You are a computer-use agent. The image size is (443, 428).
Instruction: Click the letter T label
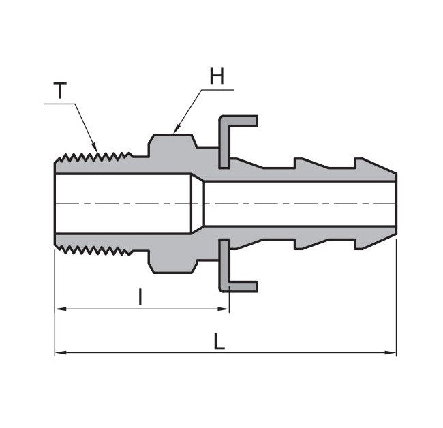coord(61,91)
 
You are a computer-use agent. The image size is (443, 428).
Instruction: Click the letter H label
coord(216,77)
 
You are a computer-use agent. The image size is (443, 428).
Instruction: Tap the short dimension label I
coord(140,297)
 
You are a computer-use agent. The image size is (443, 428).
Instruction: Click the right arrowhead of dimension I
coord(224,309)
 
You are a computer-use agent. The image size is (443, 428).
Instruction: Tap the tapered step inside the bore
coord(198,204)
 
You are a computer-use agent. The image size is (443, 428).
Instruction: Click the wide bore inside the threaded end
coord(123,204)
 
